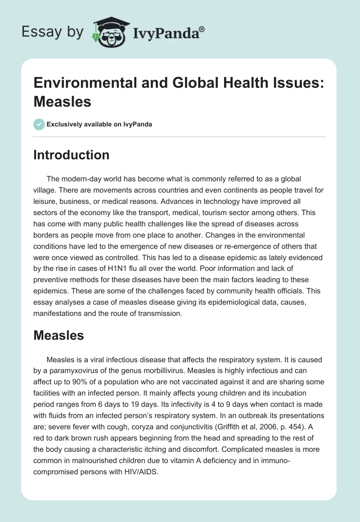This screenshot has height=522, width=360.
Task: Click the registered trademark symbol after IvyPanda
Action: [x=202, y=28]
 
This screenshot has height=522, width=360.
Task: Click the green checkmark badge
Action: [x=39, y=124]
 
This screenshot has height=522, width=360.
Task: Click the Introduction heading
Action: [x=72, y=155]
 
